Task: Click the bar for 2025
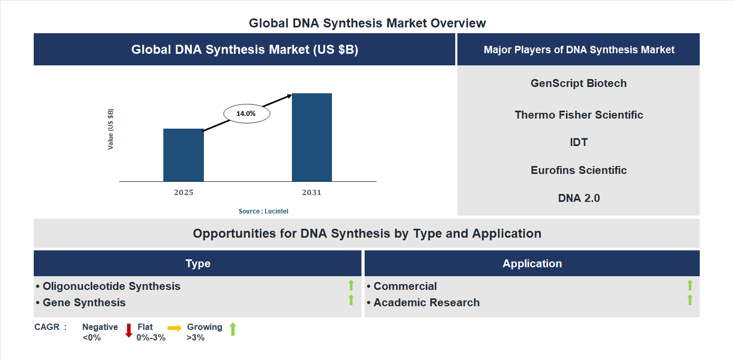[183, 155]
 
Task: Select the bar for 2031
[312, 138]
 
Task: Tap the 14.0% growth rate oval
[247, 113]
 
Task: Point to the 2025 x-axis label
[183, 192]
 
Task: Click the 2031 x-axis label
[311, 192]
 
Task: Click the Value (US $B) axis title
[111, 129]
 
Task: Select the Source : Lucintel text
[263, 211]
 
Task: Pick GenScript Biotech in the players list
[579, 83]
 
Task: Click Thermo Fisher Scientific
[579, 115]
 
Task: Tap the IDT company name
[579, 142]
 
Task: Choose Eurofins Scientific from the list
[579, 170]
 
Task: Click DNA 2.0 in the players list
[579, 198]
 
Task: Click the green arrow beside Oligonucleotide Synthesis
[351, 286]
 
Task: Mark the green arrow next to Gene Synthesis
[351, 300]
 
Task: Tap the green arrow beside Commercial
[690, 286]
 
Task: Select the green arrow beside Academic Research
[690, 300]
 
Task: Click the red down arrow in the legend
[129, 330]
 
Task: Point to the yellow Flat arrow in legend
[174, 328]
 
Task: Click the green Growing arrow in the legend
[233, 329]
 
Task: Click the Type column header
[198, 264]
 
